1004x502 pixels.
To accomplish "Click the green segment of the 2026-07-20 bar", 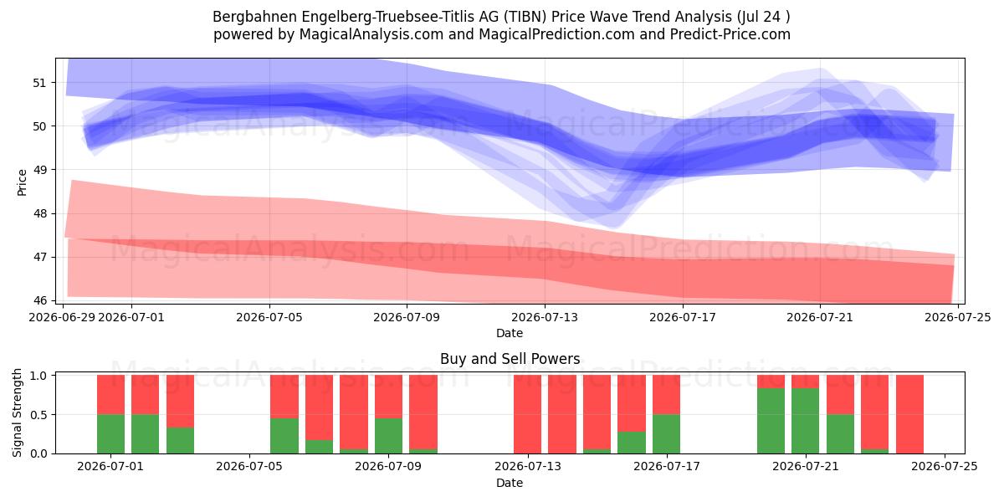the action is point(771,421).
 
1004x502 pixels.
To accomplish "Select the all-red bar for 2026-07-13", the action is point(528,414).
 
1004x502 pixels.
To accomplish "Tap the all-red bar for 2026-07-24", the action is point(910,414).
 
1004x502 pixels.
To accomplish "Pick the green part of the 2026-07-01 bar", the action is point(110,434).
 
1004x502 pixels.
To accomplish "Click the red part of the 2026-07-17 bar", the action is point(667,395).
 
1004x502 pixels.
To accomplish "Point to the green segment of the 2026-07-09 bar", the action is point(388,436).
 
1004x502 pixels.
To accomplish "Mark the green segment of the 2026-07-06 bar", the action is point(284,436).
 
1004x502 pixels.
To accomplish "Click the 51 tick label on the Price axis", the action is point(39,83).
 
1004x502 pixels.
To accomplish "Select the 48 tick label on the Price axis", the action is point(39,214).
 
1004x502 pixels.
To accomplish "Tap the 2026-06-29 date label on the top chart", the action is point(62,317).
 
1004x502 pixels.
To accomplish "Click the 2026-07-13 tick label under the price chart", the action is point(545,317).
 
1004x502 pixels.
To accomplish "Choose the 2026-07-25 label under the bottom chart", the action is point(945,467).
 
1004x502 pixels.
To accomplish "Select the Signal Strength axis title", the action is point(17,412).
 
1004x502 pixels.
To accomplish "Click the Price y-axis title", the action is point(22,183).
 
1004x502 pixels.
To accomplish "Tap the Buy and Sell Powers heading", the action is point(510,359).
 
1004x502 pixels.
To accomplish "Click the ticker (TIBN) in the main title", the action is point(525,17).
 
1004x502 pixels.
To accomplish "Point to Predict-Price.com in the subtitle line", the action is point(730,34).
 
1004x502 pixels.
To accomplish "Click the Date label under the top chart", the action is point(510,333).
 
